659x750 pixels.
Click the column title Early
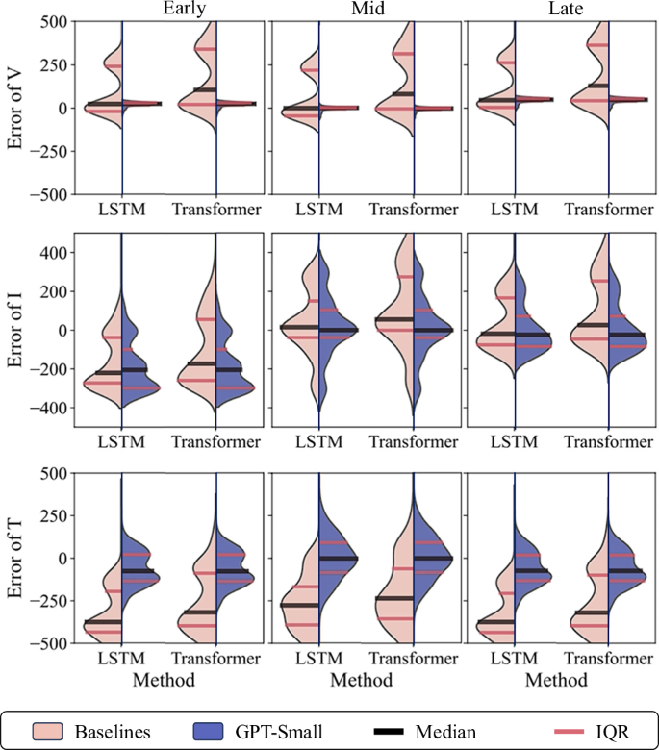169,10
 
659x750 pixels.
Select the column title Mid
365,10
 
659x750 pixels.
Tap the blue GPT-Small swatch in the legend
211,730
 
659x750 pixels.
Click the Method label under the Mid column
365,679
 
